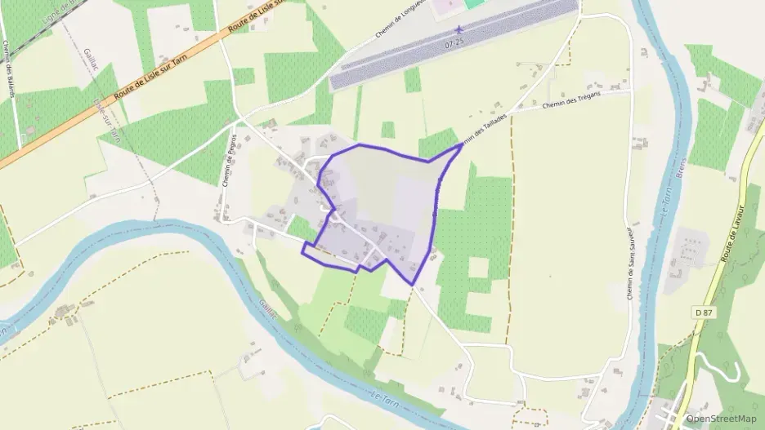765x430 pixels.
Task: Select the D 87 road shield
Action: (x=704, y=313)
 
